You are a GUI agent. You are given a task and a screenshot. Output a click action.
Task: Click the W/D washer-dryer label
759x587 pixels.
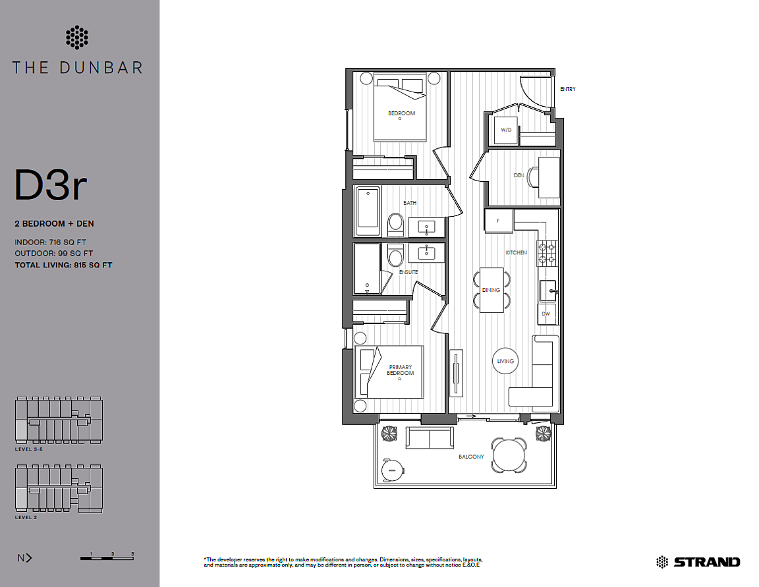[506, 130]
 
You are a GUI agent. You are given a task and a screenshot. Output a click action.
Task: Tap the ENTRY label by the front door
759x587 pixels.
[568, 89]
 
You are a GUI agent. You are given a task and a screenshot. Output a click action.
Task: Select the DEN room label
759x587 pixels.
[519, 175]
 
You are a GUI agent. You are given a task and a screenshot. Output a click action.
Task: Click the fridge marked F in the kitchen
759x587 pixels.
[499, 221]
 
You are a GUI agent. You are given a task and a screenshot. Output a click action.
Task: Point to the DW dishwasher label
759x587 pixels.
[546, 314]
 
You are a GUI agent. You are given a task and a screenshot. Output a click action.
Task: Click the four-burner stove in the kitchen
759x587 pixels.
[547, 253]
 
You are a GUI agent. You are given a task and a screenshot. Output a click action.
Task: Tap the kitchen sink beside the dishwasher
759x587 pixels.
[548, 291]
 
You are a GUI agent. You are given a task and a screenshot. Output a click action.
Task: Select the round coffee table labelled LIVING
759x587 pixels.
[505, 361]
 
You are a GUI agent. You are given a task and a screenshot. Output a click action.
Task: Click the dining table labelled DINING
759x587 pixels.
[492, 290]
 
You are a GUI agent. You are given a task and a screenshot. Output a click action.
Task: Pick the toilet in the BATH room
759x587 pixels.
[395, 224]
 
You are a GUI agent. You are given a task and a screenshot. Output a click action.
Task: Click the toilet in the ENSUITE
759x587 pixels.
[395, 254]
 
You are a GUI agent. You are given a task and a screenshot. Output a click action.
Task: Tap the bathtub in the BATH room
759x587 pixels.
[368, 212]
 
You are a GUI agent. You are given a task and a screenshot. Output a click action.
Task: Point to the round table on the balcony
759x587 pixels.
[509, 455]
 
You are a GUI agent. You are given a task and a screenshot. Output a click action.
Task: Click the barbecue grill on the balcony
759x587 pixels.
[393, 470]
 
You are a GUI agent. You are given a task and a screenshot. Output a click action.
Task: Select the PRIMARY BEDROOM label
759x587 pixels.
[401, 370]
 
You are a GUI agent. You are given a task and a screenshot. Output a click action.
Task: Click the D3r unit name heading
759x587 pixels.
[51, 185]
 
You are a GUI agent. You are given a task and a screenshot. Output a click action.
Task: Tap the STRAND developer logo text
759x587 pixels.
[707, 562]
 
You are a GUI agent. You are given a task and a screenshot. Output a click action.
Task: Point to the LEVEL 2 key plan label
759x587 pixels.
[26, 517]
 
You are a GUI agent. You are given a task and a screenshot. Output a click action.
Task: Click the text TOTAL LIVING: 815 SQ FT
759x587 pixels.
[63, 266]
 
